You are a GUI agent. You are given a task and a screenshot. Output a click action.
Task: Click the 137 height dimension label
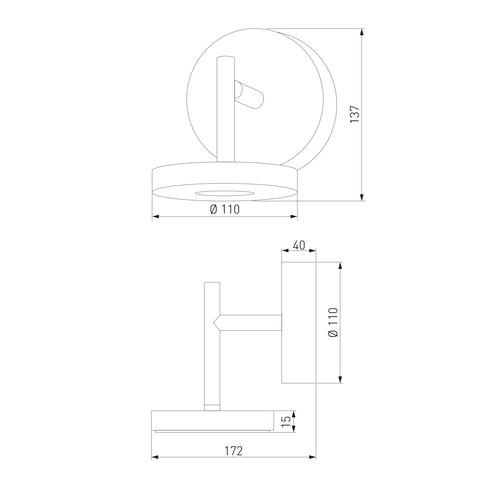click(x=355, y=114)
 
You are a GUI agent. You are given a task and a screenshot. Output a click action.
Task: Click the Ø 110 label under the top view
click(x=225, y=209)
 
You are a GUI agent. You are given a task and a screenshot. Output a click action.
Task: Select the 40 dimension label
click(x=299, y=245)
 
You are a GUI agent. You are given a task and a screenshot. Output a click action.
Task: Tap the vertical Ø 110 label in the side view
click(x=333, y=322)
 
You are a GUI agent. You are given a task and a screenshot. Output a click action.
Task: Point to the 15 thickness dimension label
click(x=286, y=378)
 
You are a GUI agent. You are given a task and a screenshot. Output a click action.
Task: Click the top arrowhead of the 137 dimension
click(x=362, y=32)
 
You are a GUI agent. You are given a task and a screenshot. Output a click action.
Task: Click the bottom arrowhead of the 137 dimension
click(x=362, y=197)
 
